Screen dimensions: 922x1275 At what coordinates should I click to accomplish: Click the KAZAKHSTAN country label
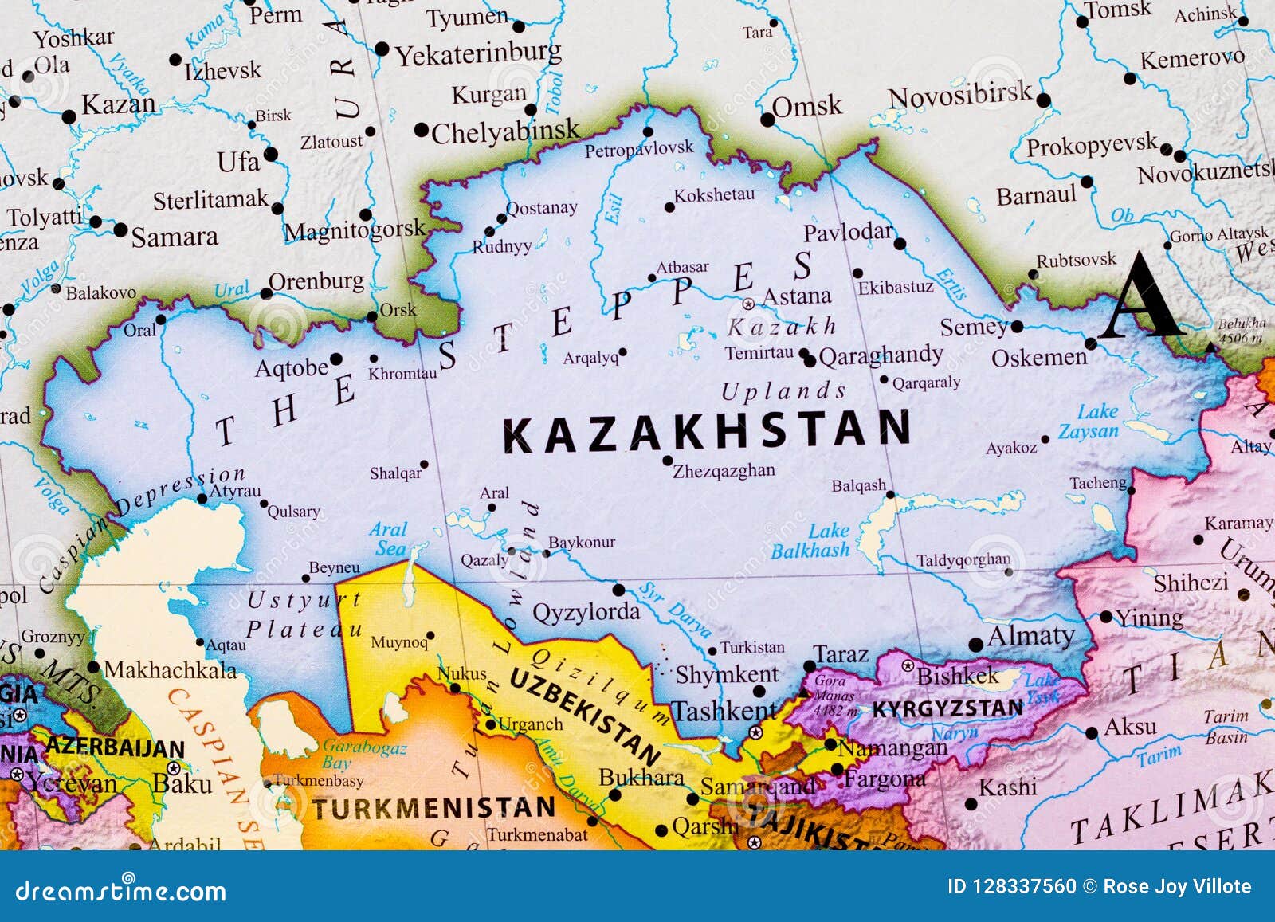point(706,431)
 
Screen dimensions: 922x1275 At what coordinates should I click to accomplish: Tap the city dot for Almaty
point(976,645)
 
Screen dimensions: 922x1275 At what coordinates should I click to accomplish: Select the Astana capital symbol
point(748,304)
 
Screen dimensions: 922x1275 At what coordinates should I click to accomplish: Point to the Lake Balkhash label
point(810,541)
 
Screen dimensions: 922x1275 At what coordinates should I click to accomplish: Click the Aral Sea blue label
point(389,539)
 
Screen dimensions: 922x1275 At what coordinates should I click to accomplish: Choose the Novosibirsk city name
point(959,96)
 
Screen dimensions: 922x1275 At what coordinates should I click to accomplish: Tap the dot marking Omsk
point(767,120)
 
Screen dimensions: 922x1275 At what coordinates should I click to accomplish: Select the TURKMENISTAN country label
point(433,809)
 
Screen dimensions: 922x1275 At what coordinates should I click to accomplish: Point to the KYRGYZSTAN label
point(947,708)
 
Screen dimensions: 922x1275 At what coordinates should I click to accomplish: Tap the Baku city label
point(182,783)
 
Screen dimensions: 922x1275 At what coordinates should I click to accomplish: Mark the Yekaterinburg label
point(478,54)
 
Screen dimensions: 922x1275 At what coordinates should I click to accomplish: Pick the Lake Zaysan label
point(1090,422)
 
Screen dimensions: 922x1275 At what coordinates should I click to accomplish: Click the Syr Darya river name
point(674,610)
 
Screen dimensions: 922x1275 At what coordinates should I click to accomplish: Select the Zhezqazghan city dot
point(668,460)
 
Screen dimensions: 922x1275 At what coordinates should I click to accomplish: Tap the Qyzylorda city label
point(586,612)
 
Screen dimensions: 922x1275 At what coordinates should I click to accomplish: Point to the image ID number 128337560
point(1024,886)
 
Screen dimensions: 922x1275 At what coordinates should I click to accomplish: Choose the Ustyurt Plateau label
point(303,614)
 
